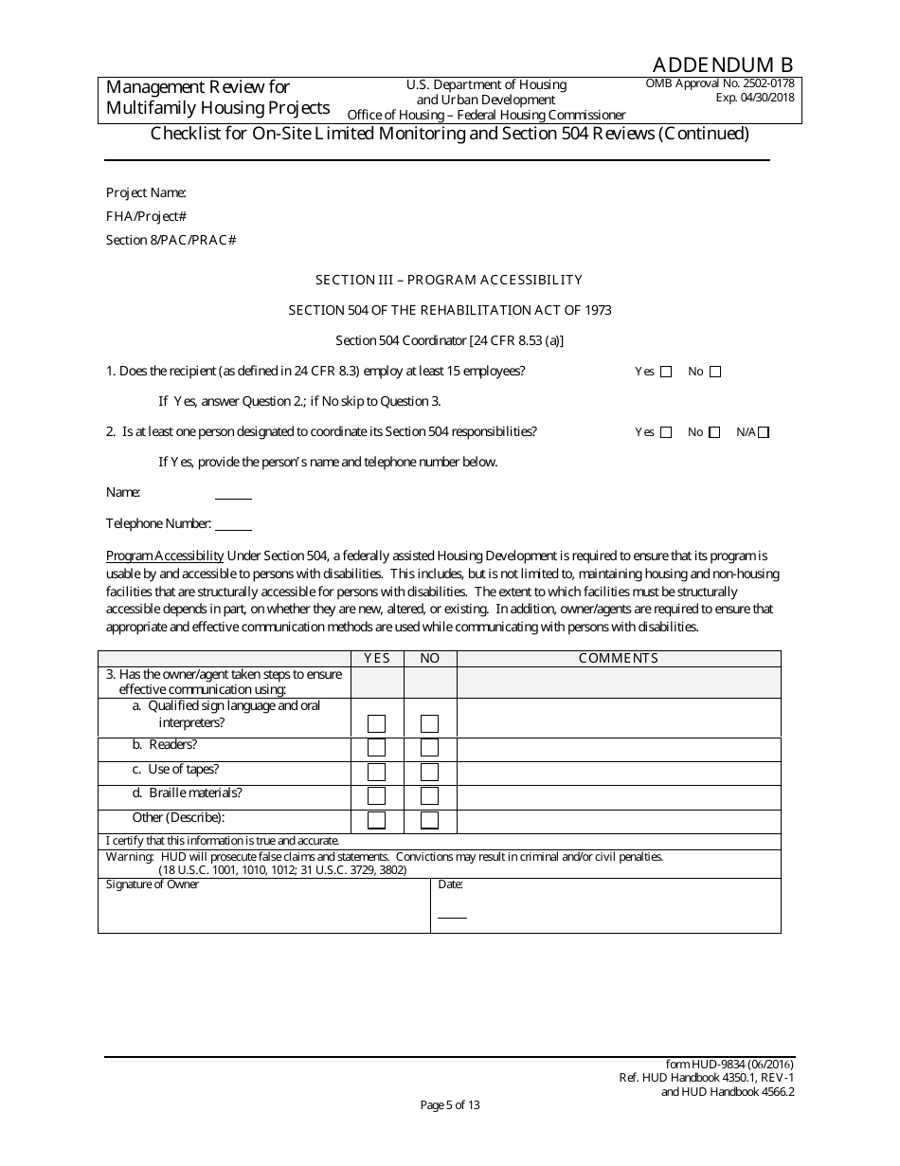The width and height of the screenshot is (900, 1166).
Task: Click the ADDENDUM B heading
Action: pos(722,64)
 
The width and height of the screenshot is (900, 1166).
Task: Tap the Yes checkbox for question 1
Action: pos(666,372)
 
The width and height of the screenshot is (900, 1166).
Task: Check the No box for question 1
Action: pos(715,372)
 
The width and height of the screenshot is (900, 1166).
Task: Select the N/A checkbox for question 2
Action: pos(764,432)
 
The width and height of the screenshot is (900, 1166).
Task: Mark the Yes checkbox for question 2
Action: pos(666,432)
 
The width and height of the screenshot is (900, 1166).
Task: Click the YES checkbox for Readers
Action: pos(376,748)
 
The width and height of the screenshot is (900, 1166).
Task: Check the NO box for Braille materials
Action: pos(429,795)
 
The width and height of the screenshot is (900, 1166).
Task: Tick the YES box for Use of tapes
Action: pos(376,772)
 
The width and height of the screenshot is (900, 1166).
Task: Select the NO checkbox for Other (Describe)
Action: pos(429,820)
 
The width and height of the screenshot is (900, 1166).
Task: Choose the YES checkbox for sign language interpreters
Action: pos(376,723)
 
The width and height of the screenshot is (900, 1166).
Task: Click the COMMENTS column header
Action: pos(618,658)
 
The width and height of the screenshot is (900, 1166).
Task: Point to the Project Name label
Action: pos(146,192)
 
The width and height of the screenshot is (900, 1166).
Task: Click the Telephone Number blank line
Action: pos(233,529)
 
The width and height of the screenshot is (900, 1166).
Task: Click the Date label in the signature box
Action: pos(450,884)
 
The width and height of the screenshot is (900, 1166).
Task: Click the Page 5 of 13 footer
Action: pos(450,1104)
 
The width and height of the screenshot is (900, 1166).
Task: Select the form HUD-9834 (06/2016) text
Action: pos(730,1065)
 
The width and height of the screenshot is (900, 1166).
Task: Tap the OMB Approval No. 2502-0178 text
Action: pos(720,83)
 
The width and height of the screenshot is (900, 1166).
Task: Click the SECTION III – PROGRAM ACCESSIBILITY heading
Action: pos(449,280)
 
